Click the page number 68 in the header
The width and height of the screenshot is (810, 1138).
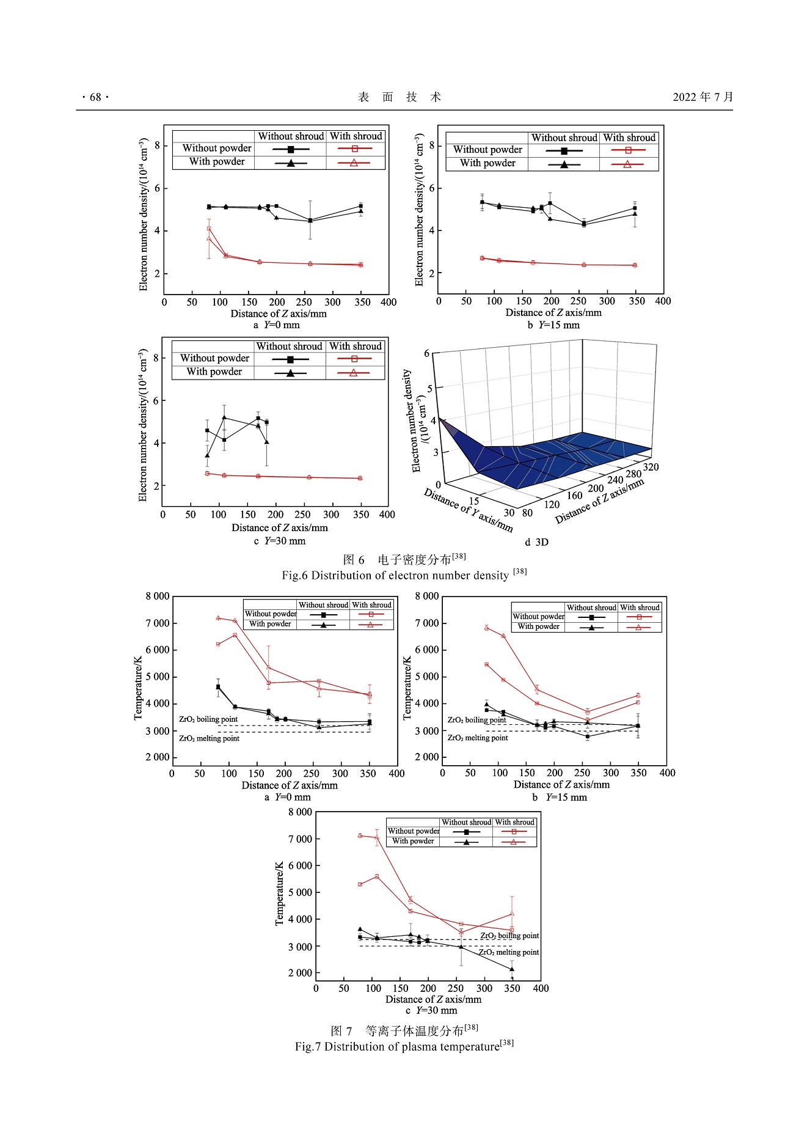[x=95, y=97]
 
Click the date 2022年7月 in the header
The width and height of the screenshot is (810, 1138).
[x=702, y=97]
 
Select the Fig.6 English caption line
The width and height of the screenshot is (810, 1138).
[x=404, y=575]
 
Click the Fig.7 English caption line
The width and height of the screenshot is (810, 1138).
[x=404, y=1046]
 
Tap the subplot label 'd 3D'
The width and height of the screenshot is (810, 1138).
[x=536, y=542]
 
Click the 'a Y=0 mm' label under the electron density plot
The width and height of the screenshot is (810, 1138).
[x=276, y=325]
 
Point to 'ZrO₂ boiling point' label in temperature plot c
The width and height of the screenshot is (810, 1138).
[x=509, y=936]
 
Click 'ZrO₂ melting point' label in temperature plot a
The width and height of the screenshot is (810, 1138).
[x=209, y=738]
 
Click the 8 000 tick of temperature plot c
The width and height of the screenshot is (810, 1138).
[x=300, y=812]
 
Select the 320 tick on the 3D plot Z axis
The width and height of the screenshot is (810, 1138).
[x=651, y=467]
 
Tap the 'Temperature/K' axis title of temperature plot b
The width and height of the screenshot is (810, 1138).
[x=407, y=688]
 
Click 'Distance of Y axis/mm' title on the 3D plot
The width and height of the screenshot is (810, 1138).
[x=468, y=510]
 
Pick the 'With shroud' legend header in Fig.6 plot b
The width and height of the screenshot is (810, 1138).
[x=629, y=138]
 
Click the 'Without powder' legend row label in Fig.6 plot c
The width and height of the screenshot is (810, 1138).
[x=214, y=358]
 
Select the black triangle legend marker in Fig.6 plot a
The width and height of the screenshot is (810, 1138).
[x=291, y=163]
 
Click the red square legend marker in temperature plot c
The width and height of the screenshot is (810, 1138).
[x=514, y=832]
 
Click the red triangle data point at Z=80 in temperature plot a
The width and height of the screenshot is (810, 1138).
[x=218, y=618]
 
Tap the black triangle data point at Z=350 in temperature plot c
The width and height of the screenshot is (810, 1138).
[x=512, y=969]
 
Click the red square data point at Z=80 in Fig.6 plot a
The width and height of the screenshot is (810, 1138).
[x=209, y=229]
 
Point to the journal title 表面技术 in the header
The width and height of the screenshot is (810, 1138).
[x=400, y=97]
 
